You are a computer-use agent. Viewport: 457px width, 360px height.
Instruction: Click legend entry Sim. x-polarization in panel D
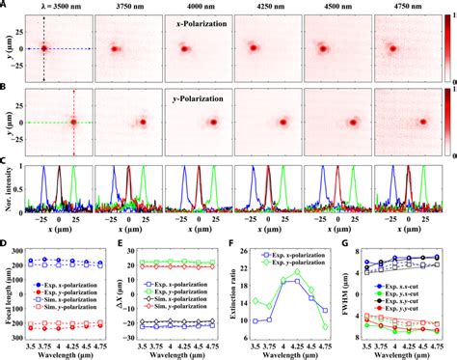point(72,302)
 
